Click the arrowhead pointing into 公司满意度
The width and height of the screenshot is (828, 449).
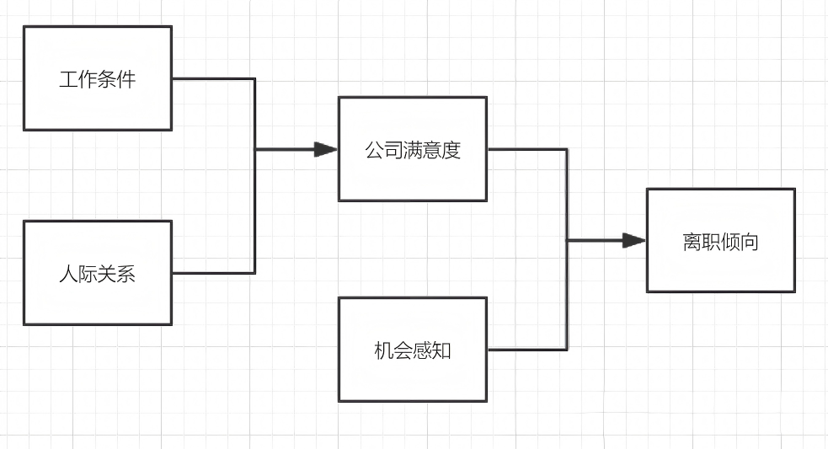click(x=326, y=149)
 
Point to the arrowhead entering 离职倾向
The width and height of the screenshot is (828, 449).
click(x=634, y=240)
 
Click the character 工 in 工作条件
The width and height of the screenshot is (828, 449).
click(x=68, y=79)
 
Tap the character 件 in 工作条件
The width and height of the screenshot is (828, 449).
click(x=126, y=79)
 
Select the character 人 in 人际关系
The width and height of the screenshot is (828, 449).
click(x=68, y=274)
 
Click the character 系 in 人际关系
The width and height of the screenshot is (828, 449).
click(x=126, y=274)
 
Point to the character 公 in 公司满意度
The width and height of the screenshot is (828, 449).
click(x=374, y=150)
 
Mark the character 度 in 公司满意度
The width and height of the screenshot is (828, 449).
click(x=451, y=150)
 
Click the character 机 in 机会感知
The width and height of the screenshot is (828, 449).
click(x=383, y=350)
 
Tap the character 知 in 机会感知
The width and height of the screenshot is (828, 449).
click(x=441, y=350)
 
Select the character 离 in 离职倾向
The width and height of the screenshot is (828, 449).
click(x=692, y=242)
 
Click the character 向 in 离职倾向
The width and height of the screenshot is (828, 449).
click(x=750, y=242)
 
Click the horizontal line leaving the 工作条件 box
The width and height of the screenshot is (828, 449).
click(x=213, y=78)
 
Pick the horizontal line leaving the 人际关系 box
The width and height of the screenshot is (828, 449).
click(x=213, y=273)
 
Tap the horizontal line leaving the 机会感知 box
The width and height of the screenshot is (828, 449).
click(x=527, y=349)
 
